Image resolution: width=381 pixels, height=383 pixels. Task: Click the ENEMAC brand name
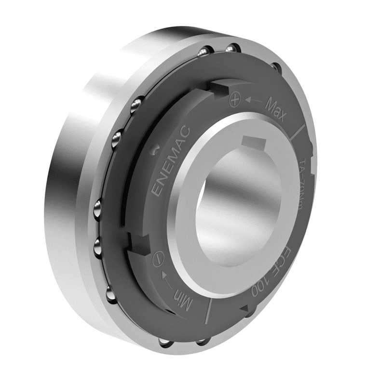pyautogui.click(x=169, y=161)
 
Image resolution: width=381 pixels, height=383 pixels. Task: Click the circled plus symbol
pyautogui.click(x=235, y=100)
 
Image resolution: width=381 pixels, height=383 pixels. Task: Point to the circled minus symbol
pyautogui.click(x=156, y=261)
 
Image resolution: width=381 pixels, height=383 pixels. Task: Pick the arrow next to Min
pyautogui.click(x=165, y=279)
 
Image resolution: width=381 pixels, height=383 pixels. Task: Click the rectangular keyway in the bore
pyautogui.click(x=254, y=143)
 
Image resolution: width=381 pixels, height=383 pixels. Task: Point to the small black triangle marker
pyautogui.click(x=244, y=308)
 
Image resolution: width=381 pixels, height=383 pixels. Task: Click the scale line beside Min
pyautogui.click(x=207, y=313)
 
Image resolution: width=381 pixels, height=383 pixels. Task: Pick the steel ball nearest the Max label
pyautogui.click(x=274, y=67)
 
